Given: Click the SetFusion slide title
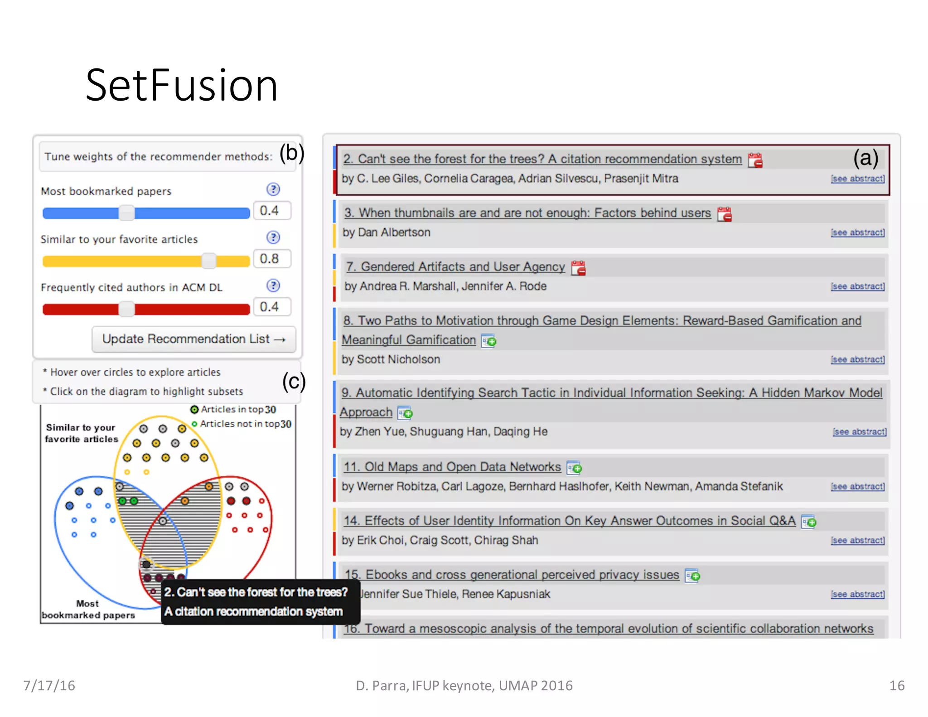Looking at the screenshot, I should (181, 85).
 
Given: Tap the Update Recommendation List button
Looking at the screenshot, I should (193, 339).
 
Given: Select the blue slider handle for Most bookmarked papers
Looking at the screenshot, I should (126, 213).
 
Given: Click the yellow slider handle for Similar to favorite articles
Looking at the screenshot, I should (209, 261).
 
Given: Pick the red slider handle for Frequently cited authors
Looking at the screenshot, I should (126, 309).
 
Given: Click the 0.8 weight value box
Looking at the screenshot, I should (271, 259).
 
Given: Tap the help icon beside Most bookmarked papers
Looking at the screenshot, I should (273, 189).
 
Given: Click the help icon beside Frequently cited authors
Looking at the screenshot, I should (273, 286).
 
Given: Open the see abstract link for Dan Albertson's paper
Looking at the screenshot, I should (857, 233).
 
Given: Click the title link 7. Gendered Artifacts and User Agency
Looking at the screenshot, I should (455, 267).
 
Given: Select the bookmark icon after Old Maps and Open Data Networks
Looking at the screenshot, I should (575, 467).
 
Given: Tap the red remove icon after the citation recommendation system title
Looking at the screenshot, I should (755, 160).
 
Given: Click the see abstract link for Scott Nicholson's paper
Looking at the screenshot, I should (857, 359).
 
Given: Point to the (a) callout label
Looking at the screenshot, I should (865, 158).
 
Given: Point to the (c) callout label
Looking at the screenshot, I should (294, 382).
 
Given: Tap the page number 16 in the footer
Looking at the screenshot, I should (896, 685).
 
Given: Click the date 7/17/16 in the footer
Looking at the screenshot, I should (49, 685).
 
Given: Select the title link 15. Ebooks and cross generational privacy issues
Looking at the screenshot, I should (512, 575).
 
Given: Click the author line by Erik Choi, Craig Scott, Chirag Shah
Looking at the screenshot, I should (440, 540).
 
